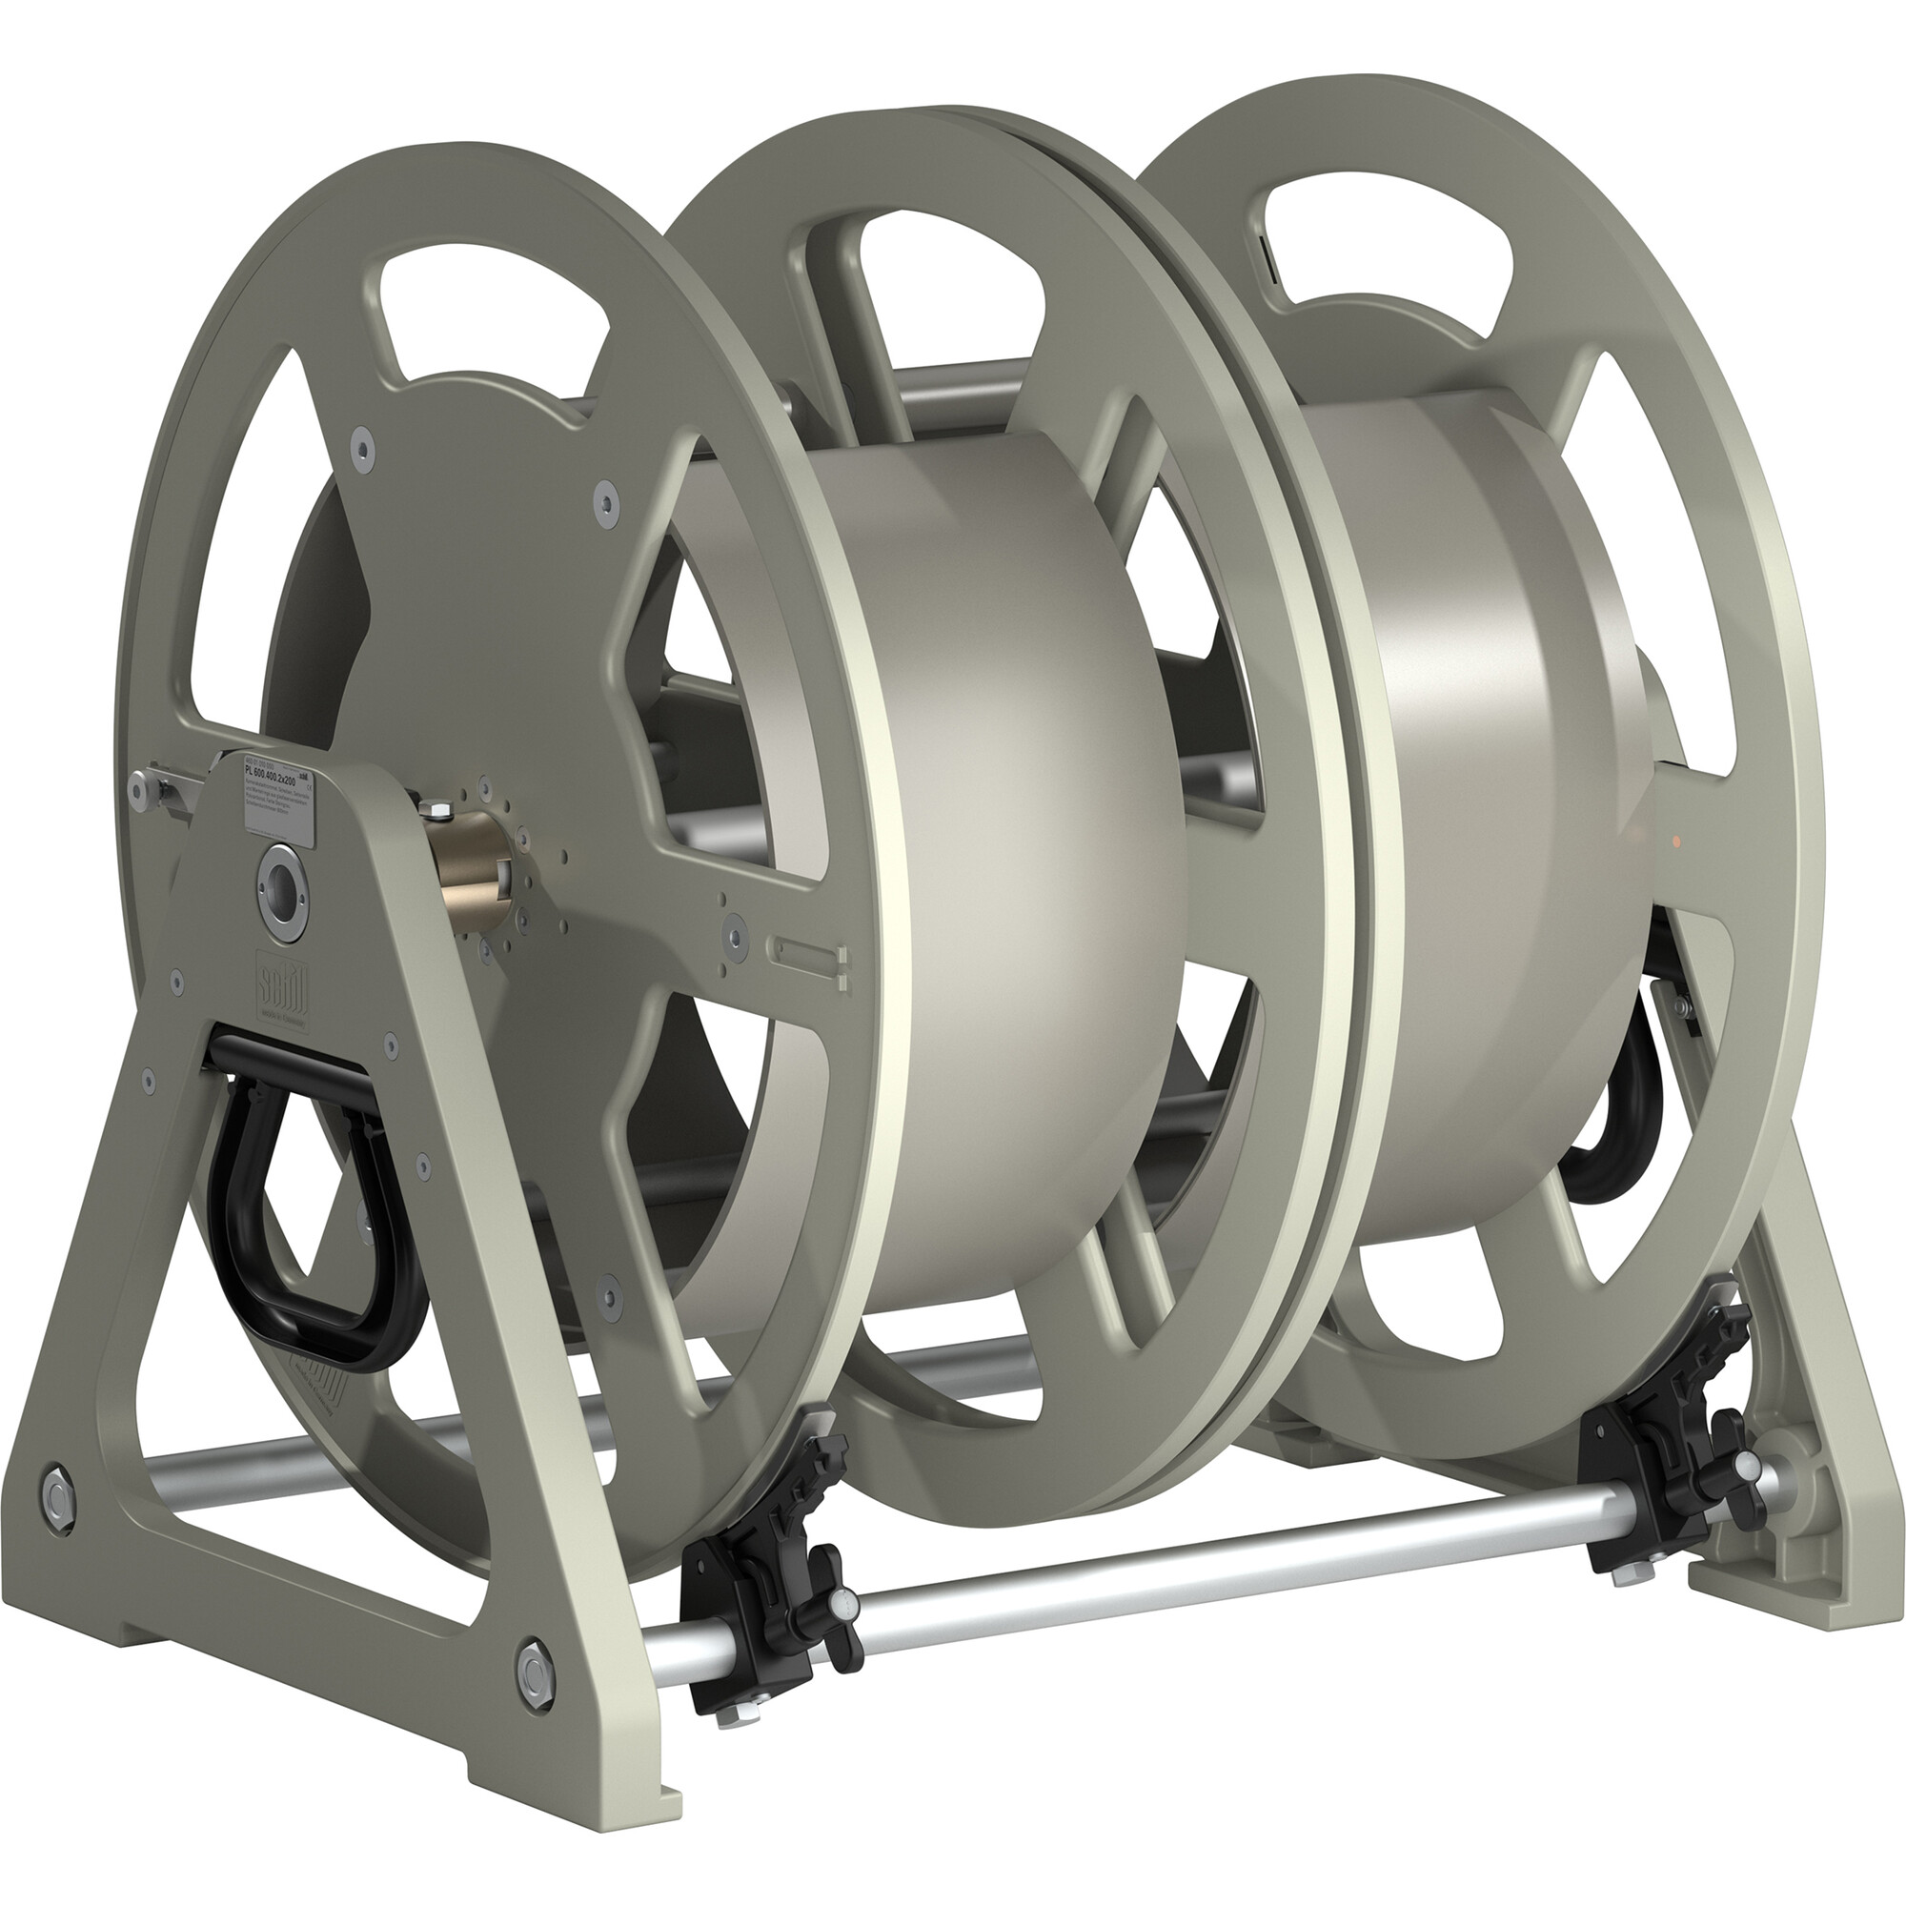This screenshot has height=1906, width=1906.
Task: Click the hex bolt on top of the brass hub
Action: click(x=437, y=811)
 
